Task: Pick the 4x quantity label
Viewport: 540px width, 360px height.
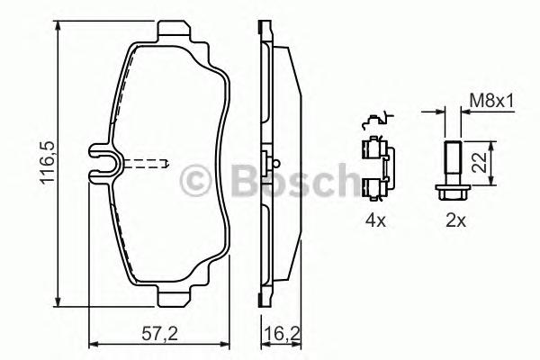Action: coord(375,219)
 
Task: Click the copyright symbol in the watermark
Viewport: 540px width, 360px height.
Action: coord(197,182)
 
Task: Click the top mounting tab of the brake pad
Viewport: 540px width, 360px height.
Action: coord(176,33)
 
